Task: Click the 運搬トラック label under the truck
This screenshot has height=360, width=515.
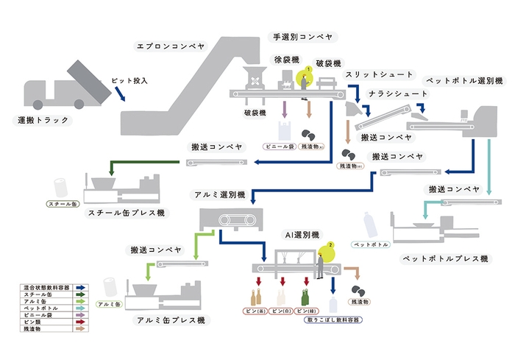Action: pyautogui.click(x=43, y=119)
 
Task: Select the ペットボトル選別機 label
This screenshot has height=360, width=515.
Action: pyautogui.click(x=464, y=80)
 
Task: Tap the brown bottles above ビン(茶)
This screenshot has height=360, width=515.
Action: pyautogui.click(x=256, y=297)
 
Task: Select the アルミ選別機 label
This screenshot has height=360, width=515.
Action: pyautogui.click(x=216, y=195)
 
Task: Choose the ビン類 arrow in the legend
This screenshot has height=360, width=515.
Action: pyautogui.click(x=79, y=321)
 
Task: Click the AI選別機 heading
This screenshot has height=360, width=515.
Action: pyautogui.click(x=302, y=233)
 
